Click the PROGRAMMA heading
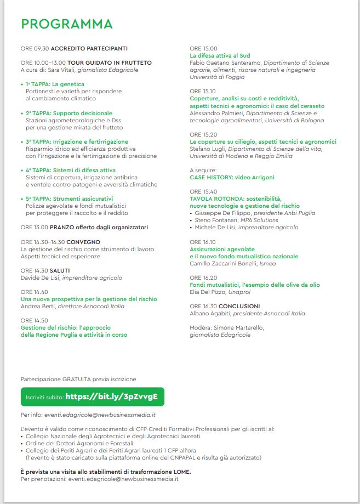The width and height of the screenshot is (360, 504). [x=66, y=24]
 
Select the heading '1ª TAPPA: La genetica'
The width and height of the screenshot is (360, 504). [x=53, y=84]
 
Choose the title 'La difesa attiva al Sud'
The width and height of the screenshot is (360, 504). [x=219, y=56]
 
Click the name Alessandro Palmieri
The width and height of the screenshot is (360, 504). [x=217, y=113]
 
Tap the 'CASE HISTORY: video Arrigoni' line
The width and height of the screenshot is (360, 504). [x=232, y=178]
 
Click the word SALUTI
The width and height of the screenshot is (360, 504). [x=59, y=270]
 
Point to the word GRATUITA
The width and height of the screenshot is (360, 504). [x=75, y=379]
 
